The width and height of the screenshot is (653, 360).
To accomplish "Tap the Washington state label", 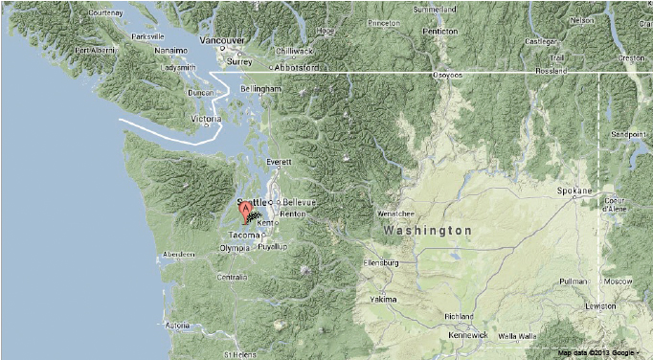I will pos(427,231).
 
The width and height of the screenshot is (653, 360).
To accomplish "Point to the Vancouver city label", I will pos(223,41).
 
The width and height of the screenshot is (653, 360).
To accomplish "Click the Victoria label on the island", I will pos(207,119).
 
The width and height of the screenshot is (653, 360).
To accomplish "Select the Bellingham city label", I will pos(261,88).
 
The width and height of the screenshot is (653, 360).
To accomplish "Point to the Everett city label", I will pos(280,163).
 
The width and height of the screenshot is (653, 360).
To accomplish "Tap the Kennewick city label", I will pos(468,335).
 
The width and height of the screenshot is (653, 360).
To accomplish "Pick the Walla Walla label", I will pos(517,336).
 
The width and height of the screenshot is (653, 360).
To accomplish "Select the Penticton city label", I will pos(440,31).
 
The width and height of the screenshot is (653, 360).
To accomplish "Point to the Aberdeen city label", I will pos(179,254).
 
